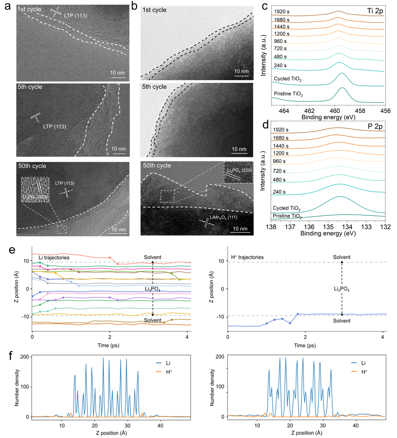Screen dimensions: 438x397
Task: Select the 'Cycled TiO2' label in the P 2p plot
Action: pyautogui.click(x=287, y=209)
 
